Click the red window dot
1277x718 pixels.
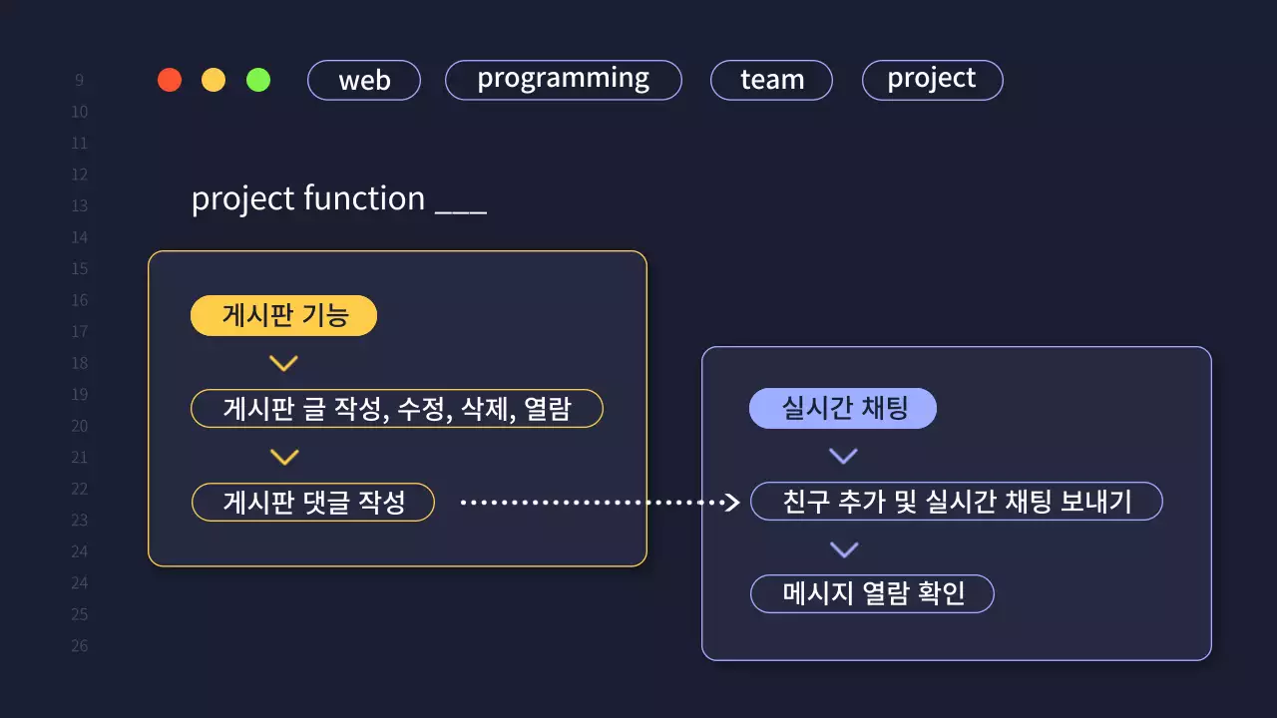point(170,80)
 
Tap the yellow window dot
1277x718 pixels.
point(213,80)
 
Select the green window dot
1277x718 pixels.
point(258,80)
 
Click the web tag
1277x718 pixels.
point(364,81)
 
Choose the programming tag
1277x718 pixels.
point(563,80)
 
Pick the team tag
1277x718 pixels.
point(771,81)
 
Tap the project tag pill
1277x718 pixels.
point(932,80)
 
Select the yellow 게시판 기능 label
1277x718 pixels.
point(284,316)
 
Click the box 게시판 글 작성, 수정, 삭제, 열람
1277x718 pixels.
point(397,409)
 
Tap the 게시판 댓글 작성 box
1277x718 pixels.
point(313,502)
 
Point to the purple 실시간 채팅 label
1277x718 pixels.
point(843,409)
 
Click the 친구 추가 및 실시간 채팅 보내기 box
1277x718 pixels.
point(957,502)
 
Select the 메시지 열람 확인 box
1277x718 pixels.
point(872,594)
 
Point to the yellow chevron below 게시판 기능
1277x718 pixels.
point(284,364)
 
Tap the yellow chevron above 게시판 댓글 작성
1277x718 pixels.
point(284,457)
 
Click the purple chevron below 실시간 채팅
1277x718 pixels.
point(843,456)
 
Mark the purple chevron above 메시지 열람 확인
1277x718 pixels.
point(843,549)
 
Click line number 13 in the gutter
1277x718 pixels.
point(79,205)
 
